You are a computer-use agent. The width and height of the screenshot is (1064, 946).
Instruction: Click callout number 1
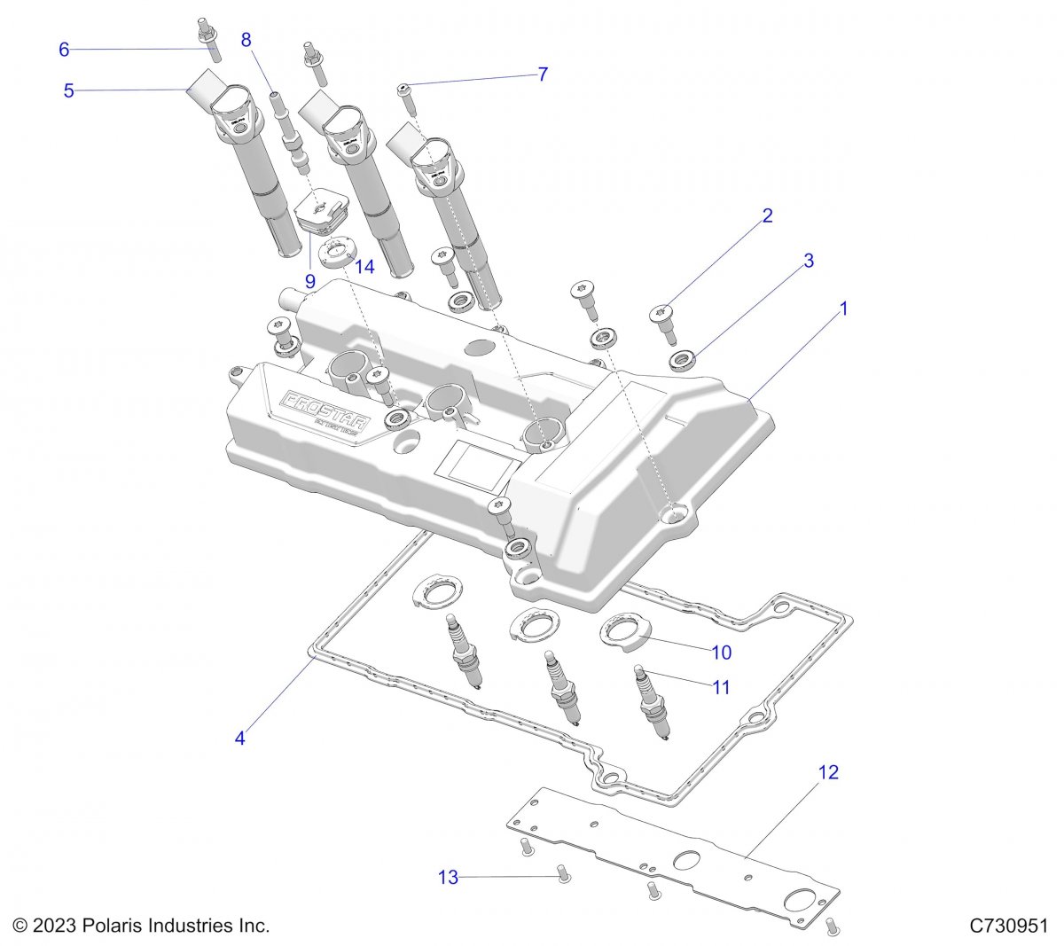(844, 309)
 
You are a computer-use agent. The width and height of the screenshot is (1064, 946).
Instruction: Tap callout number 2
(768, 215)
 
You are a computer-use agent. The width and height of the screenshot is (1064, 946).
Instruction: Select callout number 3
(809, 261)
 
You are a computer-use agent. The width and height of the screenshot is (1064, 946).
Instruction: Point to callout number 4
(240, 737)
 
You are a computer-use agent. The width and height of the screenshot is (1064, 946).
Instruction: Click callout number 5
(68, 90)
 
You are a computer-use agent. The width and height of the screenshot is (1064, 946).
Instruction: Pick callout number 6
(64, 50)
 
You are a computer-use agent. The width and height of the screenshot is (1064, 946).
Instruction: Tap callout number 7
(543, 74)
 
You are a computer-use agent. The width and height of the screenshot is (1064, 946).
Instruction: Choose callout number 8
(246, 39)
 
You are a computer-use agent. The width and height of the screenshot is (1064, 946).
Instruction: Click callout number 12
(827, 772)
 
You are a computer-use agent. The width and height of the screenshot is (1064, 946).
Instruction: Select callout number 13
(449, 877)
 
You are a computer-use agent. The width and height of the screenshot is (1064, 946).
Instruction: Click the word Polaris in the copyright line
(113, 926)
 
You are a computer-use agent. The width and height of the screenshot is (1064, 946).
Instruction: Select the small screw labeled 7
(407, 92)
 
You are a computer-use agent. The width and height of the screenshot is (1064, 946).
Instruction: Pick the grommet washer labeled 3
(682, 361)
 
